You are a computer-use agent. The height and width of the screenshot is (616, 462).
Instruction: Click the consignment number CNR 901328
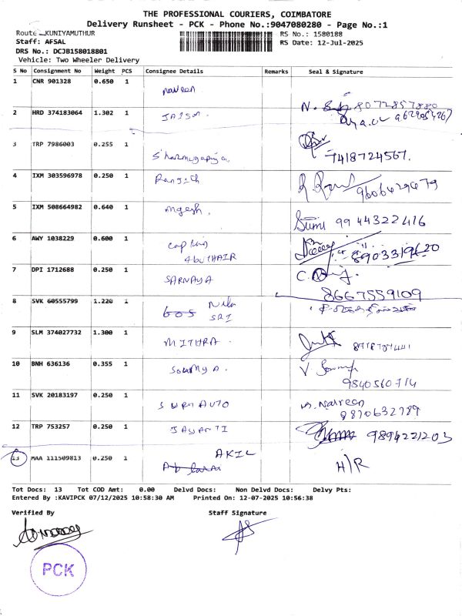tap(51, 80)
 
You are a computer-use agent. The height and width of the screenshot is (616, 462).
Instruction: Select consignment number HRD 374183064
tap(57, 112)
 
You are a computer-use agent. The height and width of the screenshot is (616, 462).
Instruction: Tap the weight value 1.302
tap(103, 112)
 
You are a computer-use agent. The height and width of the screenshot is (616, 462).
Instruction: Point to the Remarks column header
tap(276, 71)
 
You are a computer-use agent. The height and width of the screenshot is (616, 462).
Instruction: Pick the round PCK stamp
tap(59, 571)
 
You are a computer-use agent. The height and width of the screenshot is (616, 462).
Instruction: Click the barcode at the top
tap(227, 38)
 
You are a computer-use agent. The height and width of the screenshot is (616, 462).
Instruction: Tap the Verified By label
tap(33, 512)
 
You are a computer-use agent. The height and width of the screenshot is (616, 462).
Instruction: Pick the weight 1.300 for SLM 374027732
tap(103, 332)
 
